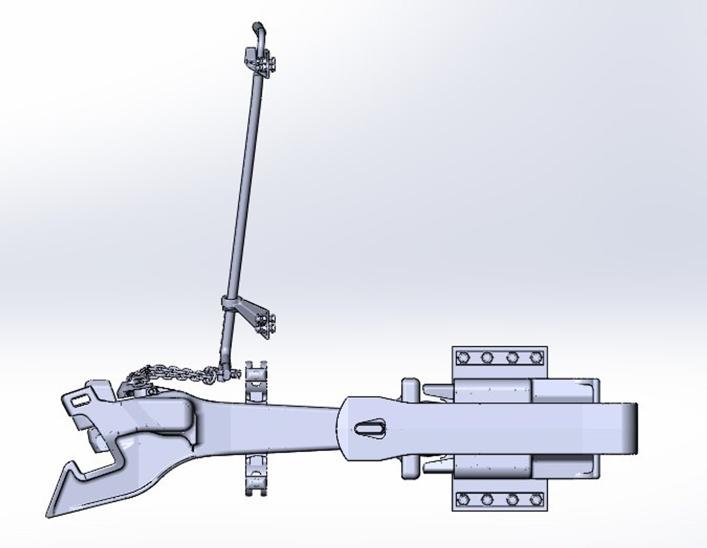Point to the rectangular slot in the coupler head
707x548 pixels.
click(x=79, y=400)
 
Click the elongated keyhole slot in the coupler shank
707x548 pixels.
click(x=370, y=428)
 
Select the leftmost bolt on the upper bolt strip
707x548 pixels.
click(x=463, y=358)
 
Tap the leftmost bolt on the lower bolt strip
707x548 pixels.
click(x=463, y=500)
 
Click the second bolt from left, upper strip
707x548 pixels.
click(x=487, y=358)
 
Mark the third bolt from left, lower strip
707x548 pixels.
click(x=512, y=500)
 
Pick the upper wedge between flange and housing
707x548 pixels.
click(x=436, y=391)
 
